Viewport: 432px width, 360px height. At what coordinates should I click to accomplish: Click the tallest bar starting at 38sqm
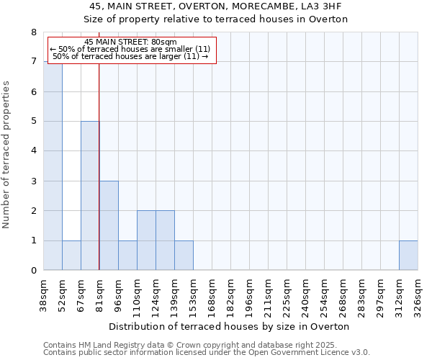(x=53, y=166)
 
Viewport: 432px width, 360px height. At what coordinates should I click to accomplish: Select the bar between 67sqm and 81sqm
(x=90, y=196)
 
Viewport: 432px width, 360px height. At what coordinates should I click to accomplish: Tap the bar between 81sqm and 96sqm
(x=109, y=225)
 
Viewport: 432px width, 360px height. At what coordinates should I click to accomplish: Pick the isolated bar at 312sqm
(x=408, y=256)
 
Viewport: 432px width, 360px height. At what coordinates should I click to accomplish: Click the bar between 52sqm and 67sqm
(x=71, y=256)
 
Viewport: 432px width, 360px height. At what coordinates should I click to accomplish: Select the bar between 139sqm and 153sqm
(x=184, y=256)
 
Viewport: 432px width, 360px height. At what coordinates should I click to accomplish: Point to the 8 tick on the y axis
(x=33, y=32)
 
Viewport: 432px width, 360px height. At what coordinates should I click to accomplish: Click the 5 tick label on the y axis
(x=33, y=122)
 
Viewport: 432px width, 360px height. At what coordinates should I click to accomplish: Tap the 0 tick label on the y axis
(x=33, y=271)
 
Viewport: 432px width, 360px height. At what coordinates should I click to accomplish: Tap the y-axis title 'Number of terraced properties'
(x=7, y=155)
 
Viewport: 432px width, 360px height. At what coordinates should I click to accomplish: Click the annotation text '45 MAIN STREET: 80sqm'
(x=130, y=42)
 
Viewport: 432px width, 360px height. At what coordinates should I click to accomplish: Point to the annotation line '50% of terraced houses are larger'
(x=130, y=56)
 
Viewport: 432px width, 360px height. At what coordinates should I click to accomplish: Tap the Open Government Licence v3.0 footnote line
(x=207, y=353)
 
